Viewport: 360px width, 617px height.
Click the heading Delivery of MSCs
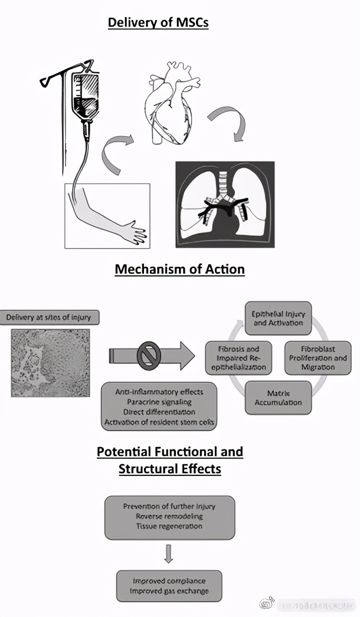(x=158, y=23)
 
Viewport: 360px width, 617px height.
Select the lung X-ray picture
(x=225, y=204)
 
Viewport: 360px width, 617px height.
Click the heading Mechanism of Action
(x=179, y=270)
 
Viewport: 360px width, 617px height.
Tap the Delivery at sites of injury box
(x=49, y=317)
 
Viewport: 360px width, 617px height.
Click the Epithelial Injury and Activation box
(x=277, y=318)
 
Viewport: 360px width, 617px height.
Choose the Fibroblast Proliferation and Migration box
(x=318, y=357)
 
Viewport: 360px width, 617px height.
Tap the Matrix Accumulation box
(x=278, y=398)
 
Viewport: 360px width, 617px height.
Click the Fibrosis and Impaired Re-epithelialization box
(x=238, y=357)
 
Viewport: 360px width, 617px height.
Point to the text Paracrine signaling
(x=159, y=401)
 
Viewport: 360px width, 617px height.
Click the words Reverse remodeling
(x=169, y=516)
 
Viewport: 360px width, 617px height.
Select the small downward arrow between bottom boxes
(x=169, y=553)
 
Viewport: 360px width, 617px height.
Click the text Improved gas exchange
(x=169, y=592)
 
